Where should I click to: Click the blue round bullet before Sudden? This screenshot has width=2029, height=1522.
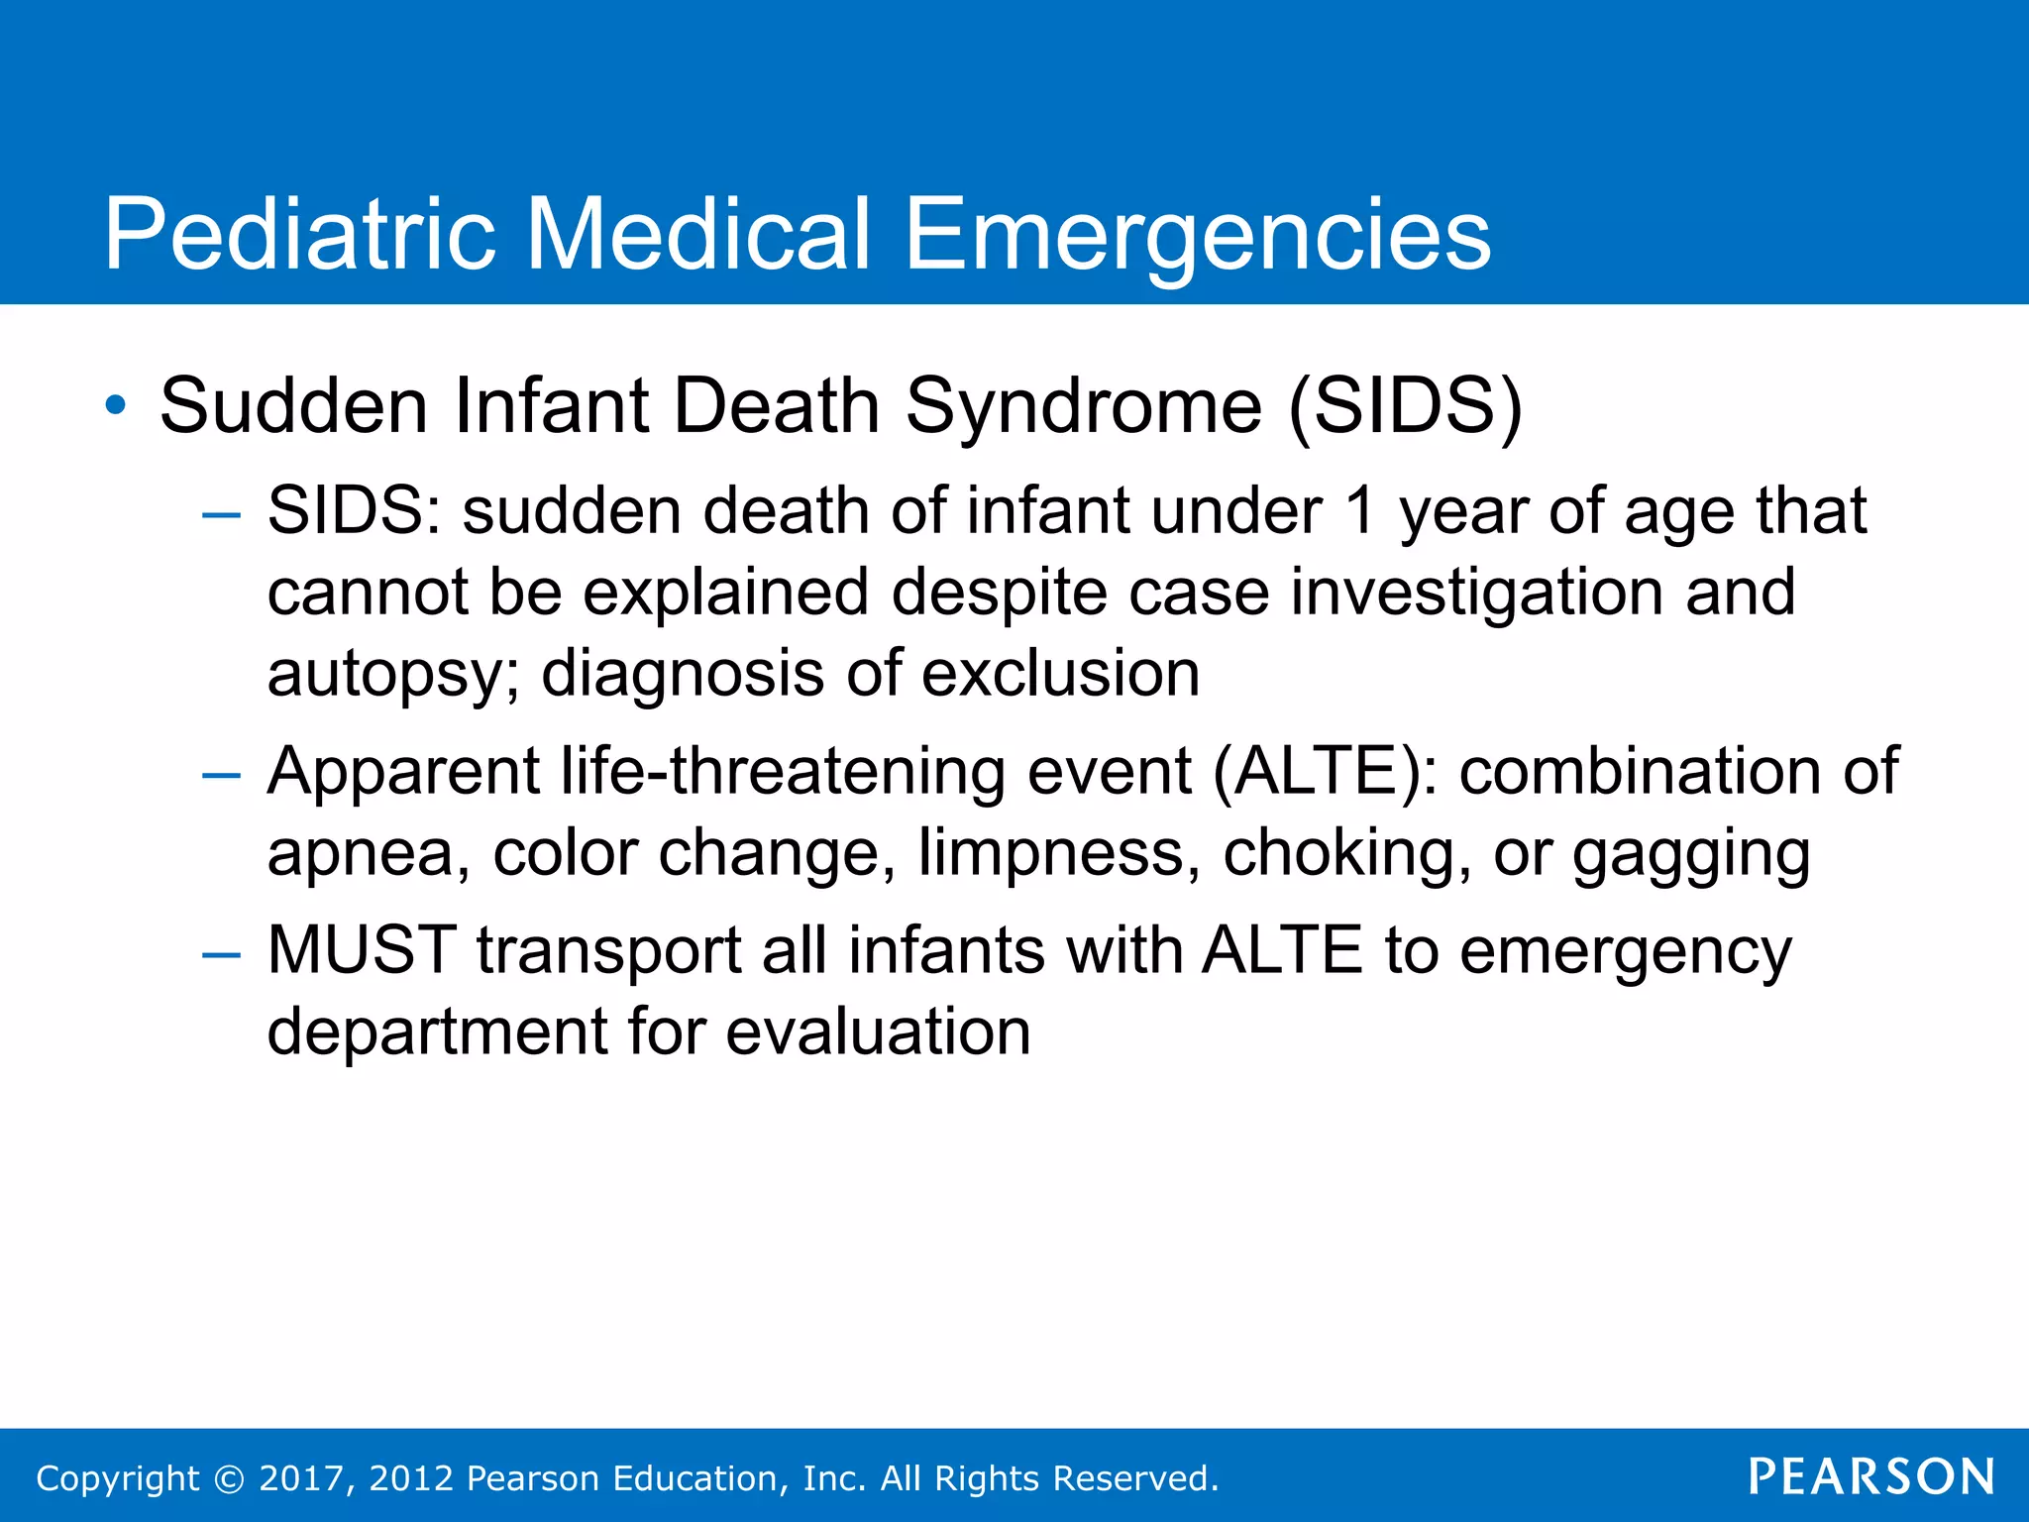pos(116,405)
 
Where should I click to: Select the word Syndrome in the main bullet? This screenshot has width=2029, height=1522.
pos(1084,406)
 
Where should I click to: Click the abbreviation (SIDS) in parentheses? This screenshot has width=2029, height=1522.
pos(1405,406)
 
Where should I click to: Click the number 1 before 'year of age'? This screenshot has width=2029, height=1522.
pos(1361,511)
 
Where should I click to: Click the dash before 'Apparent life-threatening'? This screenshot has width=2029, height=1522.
pos(220,775)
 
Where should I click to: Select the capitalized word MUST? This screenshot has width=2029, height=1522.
pos(362,950)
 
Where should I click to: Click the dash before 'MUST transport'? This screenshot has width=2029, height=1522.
pos(220,954)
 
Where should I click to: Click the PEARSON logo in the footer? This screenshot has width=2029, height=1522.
pos(1870,1476)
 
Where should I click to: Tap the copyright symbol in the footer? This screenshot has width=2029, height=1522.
pos(229,1479)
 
